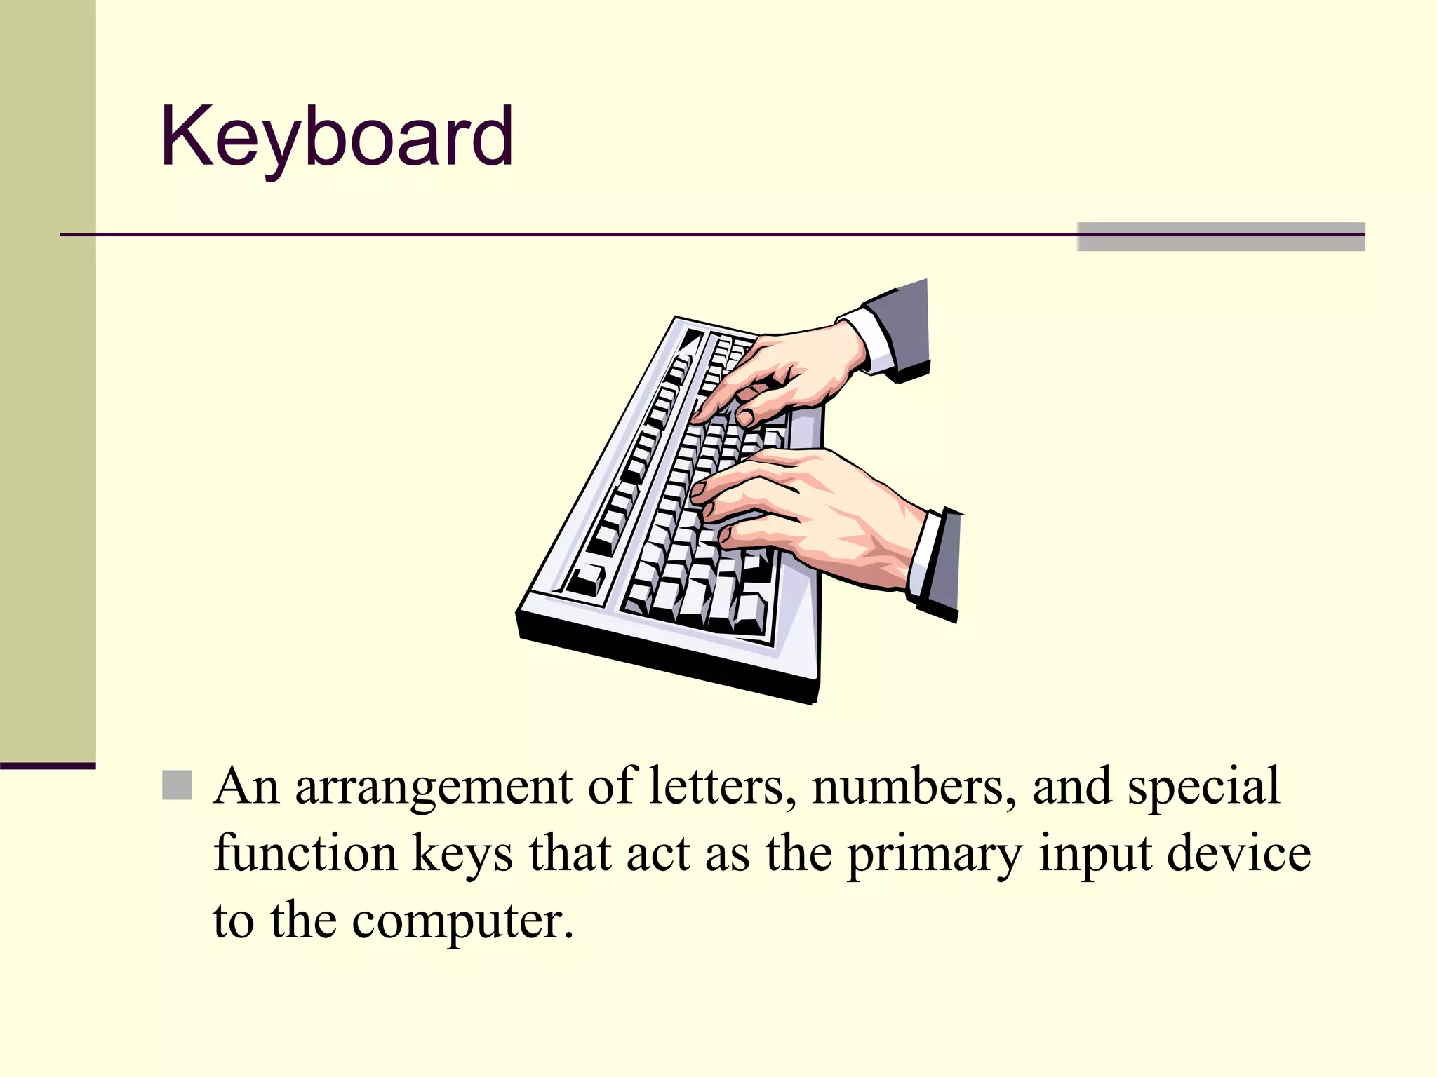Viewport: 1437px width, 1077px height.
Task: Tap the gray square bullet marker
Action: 177,785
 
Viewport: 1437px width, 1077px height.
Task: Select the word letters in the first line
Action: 722,786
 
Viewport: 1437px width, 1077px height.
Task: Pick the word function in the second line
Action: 305,853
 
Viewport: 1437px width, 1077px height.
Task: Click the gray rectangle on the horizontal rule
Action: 1221,237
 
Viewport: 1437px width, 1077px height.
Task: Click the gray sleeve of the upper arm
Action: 902,323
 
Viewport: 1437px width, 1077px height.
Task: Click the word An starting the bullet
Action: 246,786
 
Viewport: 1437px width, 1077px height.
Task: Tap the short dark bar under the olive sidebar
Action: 48,766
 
